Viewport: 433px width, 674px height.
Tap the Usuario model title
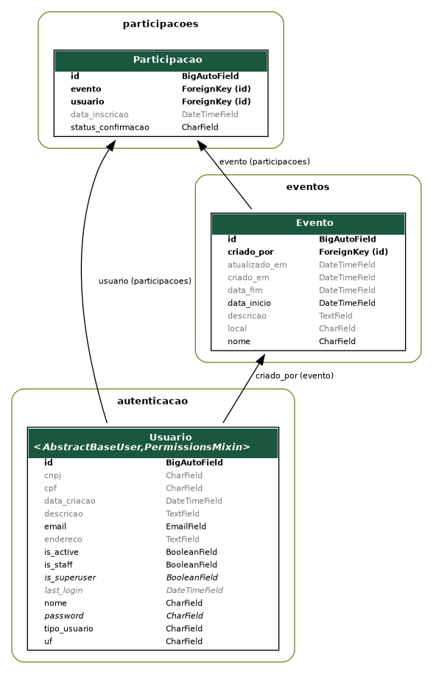pyautogui.click(x=170, y=437)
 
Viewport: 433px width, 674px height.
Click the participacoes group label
pyautogui.click(x=160, y=24)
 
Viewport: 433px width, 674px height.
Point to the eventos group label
pyautogui.click(x=308, y=187)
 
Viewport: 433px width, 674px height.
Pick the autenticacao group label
pyautogui.click(x=152, y=401)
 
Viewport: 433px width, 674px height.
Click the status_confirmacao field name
pyautogui.click(x=110, y=127)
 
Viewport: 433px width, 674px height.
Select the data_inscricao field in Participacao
pyautogui.click(x=99, y=115)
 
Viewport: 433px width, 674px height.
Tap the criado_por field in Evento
pyautogui.click(x=250, y=252)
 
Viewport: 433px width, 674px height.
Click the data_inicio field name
pyautogui.click(x=249, y=303)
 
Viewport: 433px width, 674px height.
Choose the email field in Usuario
pyautogui.click(x=55, y=527)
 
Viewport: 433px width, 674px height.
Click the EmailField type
pyautogui.click(x=186, y=527)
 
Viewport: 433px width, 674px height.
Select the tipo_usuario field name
pyautogui.click(x=68, y=628)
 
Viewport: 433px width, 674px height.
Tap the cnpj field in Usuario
pyautogui.click(x=52, y=476)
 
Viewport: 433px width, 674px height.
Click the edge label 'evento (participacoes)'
pyautogui.click(x=264, y=161)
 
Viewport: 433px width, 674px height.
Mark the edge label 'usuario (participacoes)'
pyautogui.click(x=144, y=281)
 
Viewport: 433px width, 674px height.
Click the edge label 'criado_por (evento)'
pyautogui.click(x=295, y=376)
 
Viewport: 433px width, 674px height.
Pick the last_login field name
pyautogui.click(x=63, y=590)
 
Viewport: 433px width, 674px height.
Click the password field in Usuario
pyautogui.click(x=63, y=616)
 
